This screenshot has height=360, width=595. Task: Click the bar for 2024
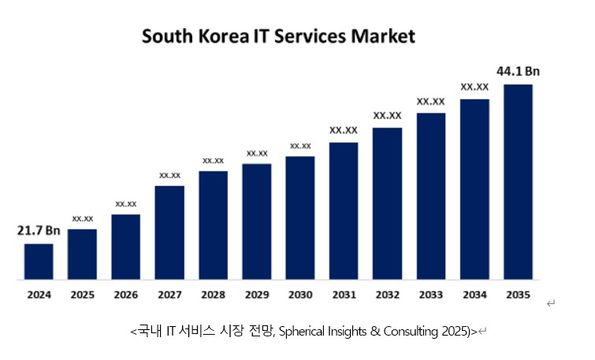coord(39,262)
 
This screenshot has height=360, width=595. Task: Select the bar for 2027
coord(169,232)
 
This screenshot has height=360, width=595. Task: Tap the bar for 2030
coord(300,217)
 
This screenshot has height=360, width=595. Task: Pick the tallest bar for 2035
coord(518,181)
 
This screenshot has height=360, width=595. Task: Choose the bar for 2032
coord(387,203)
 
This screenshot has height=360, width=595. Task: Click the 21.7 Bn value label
coord(39,231)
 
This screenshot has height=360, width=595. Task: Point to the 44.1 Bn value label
coord(518,71)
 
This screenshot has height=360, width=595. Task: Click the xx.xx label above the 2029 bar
coord(257,153)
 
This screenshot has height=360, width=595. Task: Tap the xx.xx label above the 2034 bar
coord(474,87)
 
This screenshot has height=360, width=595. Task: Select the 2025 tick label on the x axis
coord(82,295)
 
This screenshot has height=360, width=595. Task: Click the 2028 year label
coord(213,295)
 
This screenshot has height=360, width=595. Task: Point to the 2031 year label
coord(344,295)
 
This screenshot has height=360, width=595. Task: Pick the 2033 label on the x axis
coord(430,295)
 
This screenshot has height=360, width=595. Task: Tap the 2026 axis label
coord(125,295)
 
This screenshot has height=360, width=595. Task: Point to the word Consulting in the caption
coord(413,332)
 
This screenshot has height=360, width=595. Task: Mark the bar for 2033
coord(431,196)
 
